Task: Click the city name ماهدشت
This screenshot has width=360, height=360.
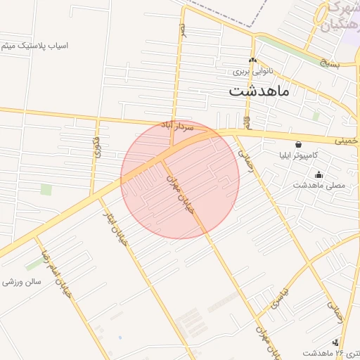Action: click(259, 91)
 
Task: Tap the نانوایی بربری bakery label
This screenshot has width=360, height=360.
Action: click(252, 72)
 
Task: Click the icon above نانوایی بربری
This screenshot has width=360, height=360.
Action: click(252, 60)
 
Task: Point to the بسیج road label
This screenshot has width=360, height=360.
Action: click(326, 63)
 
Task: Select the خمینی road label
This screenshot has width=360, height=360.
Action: click(345, 140)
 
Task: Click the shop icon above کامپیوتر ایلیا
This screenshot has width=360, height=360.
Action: click(298, 143)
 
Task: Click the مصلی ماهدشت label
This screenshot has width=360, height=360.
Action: click(319, 185)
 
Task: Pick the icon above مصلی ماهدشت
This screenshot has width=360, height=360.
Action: click(319, 175)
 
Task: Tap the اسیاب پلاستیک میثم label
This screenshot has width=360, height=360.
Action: click(34, 46)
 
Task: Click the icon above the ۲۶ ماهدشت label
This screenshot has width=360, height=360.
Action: click(344, 342)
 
